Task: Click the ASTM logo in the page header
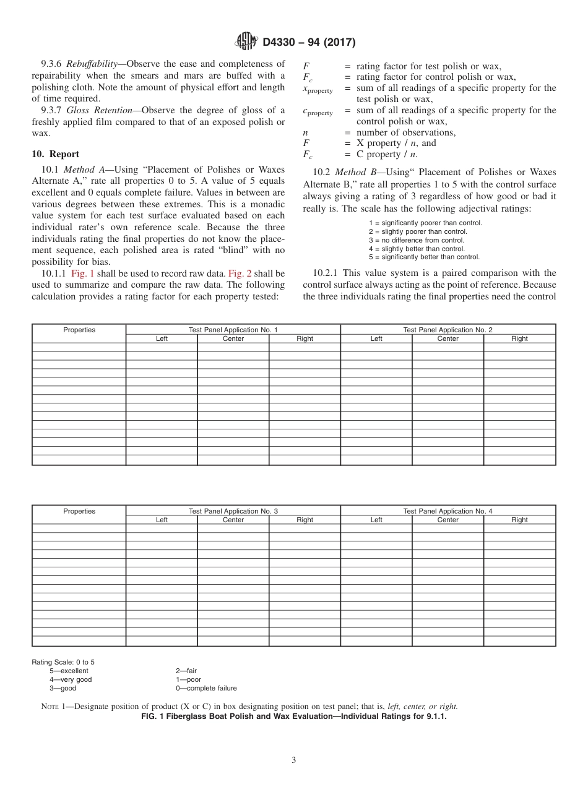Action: pos(246,42)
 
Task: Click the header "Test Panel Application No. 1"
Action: pos(233,330)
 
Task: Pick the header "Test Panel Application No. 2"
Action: pos(447,330)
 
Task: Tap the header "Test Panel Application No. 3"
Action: pos(233,511)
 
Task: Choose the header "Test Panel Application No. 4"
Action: pos(447,511)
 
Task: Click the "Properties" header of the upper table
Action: pos(79,330)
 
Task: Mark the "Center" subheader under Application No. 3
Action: pos(233,520)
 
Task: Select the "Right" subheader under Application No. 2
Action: pos(519,338)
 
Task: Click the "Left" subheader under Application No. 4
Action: pos(376,520)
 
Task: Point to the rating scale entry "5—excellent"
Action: pos(69,671)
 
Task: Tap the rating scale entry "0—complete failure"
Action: pos(206,688)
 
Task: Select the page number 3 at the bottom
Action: pos(294,760)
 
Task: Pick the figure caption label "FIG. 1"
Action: pos(154,716)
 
